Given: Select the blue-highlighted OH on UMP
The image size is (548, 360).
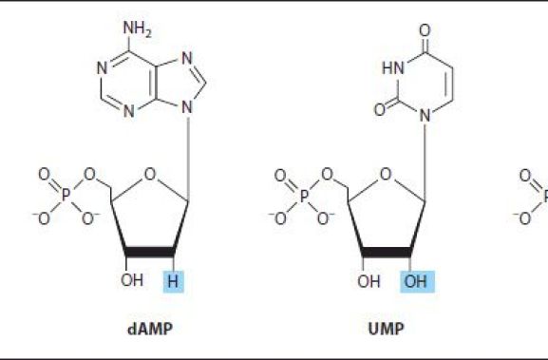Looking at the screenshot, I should [414, 281].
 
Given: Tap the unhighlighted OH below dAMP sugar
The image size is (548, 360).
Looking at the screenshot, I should [132, 281].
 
